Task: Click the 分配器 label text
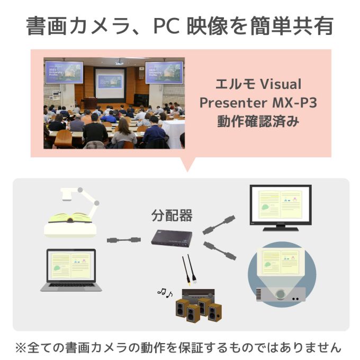click(172, 216)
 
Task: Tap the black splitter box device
click(172, 238)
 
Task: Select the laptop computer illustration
click(71, 270)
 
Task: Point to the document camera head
click(67, 194)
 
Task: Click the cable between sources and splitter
click(123, 240)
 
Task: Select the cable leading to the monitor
click(219, 225)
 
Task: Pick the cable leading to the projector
click(220, 251)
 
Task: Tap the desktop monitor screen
click(281, 205)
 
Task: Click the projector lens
click(280, 294)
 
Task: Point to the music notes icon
click(165, 293)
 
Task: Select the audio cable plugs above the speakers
click(190, 270)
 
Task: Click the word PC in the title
click(166, 26)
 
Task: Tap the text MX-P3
click(294, 103)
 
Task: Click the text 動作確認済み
click(258, 121)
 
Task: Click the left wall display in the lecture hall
click(64, 73)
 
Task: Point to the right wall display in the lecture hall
click(164, 73)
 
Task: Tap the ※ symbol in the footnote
click(21, 348)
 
